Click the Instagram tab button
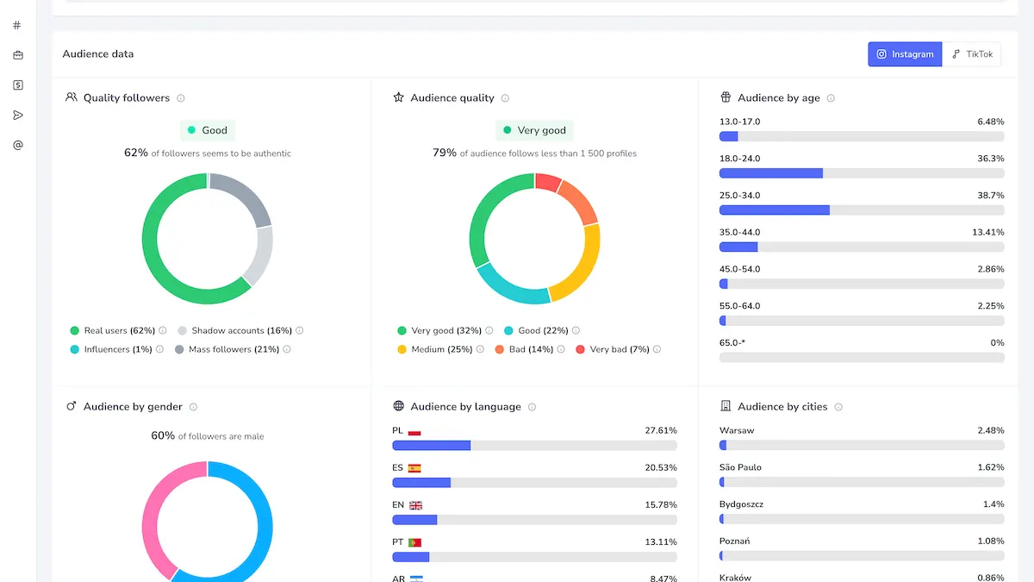tap(905, 54)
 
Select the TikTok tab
tap(972, 54)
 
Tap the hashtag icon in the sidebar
tap(17, 25)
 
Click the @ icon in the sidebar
tap(18, 145)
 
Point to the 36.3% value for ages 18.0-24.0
tap(991, 159)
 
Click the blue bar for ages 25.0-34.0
tap(775, 210)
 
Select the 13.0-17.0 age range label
tap(739, 122)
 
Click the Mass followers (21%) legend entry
tap(227, 349)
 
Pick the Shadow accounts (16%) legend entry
tap(235, 330)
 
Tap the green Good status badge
tap(208, 130)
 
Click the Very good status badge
tap(534, 130)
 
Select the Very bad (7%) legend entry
tap(613, 349)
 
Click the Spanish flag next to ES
tap(414, 468)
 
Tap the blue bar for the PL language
tap(432, 445)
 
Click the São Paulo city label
tap(740, 467)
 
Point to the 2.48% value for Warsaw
tap(991, 430)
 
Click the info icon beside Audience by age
tap(831, 98)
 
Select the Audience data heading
tap(98, 54)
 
